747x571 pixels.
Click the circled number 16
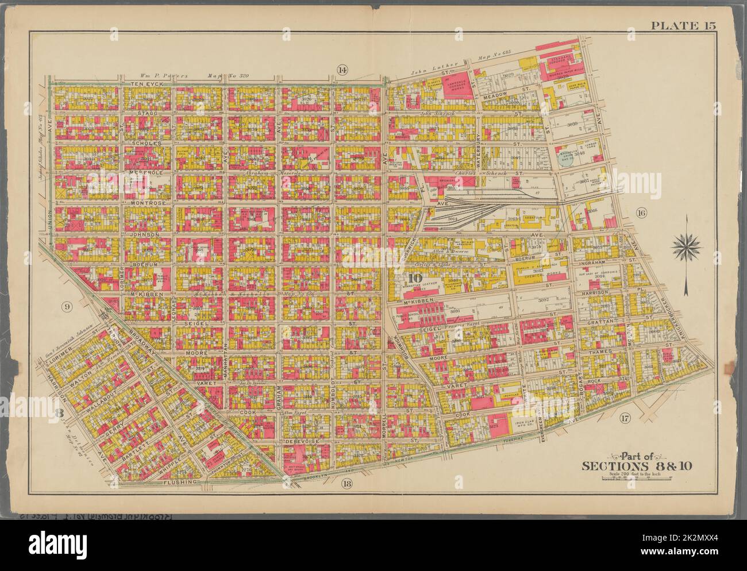(642, 214)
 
